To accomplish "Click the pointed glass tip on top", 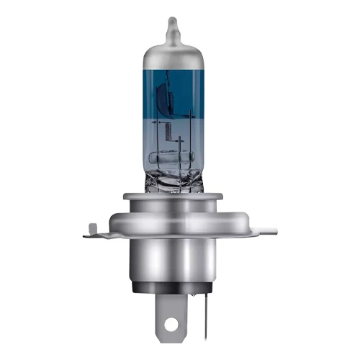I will coord(171,25).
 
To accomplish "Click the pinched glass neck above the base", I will coord(172,180).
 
